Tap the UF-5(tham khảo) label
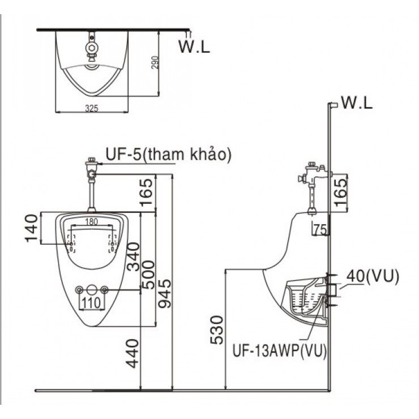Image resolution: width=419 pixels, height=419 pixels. [x=168, y=154]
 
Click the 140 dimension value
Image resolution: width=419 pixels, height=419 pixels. [x=33, y=228]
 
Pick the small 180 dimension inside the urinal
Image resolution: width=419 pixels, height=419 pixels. [x=92, y=221]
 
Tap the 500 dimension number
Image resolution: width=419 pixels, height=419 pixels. [x=147, y=276]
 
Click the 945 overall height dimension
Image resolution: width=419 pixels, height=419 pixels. [x=163, y=298]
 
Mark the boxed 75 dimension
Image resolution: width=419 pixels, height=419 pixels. [x=320, y=229]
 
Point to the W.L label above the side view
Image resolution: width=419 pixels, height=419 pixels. [x=357, y=104]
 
